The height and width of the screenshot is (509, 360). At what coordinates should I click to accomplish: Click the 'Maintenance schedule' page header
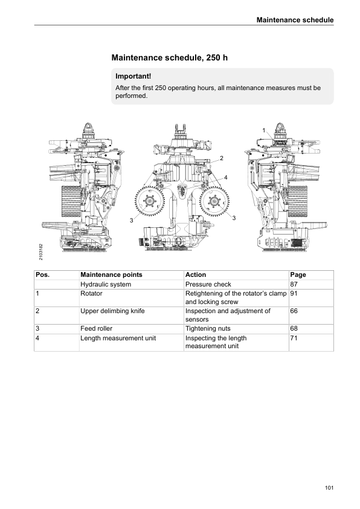click(x=295, y=20)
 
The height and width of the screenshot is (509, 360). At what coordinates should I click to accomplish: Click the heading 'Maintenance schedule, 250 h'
click(x=169, y=58)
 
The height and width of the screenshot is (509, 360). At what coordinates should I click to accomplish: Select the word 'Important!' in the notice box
click(x=133, y=76)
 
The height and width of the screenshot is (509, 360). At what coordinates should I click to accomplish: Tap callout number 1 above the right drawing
click(x=264, y=130)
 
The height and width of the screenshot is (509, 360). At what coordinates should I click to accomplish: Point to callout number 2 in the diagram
click(x=222, y=158)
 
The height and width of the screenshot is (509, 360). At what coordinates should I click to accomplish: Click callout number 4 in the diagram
click(x=226, y=177)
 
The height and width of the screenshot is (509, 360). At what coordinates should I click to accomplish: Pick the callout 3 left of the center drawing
click(x=131, y=221)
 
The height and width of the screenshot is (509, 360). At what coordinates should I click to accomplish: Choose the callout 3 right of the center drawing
click(x=234, y=218)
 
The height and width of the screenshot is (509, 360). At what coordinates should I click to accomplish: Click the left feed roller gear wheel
click(x=150, y=201)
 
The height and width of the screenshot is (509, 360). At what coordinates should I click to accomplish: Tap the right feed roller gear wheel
click(x=214, y=201)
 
